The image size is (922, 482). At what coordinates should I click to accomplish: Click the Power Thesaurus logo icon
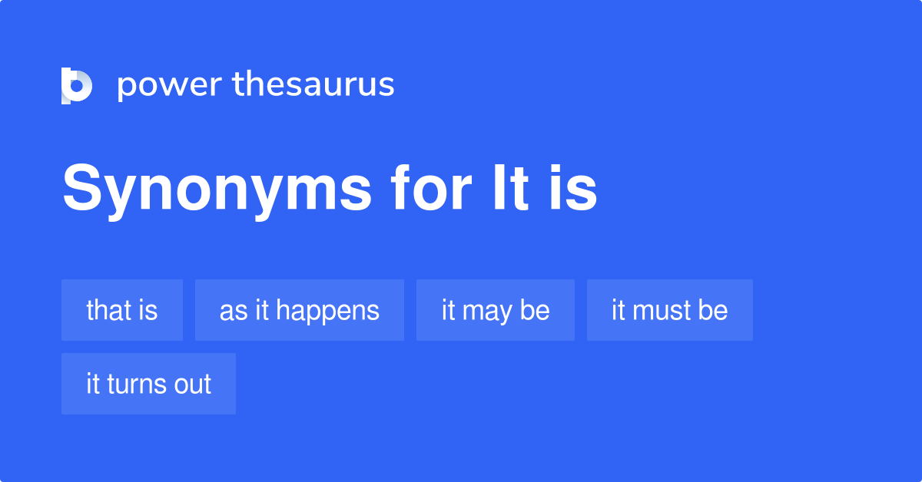77,85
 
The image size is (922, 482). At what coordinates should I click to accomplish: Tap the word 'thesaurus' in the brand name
313,84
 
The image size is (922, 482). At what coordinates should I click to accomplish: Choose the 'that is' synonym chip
122,310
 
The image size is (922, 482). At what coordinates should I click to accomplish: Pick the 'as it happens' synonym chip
300,310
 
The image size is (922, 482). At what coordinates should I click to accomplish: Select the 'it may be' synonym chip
496,310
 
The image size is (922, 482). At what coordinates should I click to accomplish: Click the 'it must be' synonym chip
670,310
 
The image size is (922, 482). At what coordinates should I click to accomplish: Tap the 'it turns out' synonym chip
148,384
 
